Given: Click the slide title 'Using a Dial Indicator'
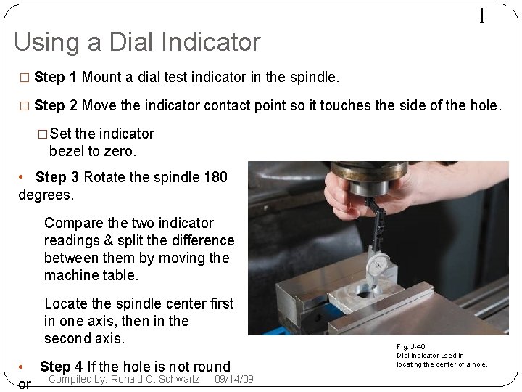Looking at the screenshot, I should click(137, 42).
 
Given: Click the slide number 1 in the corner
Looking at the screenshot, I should click(481, 16).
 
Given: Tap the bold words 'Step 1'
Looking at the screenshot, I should click(57, 77).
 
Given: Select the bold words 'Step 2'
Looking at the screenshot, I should click(57, 105).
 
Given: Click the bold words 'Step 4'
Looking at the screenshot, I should click(62, 367).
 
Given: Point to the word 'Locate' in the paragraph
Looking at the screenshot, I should click(65, 303).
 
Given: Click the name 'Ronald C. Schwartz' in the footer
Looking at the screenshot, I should click(155, 379).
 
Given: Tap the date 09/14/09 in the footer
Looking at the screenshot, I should click(234, 379).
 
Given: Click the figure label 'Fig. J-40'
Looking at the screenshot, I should click(411, 347).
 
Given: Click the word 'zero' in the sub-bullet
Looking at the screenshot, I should click(119, 151).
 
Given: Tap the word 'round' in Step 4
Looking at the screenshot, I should click(212, 367).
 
